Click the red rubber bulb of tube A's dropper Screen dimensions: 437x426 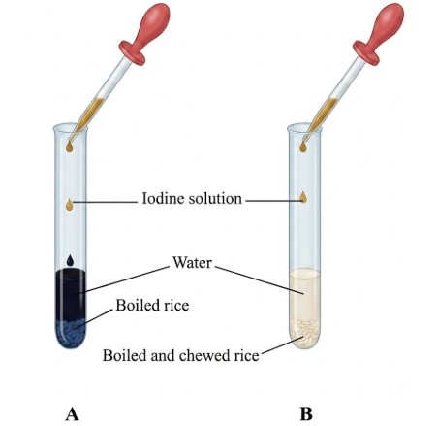point(147,31)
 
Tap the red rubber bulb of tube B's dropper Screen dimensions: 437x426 point(381,31)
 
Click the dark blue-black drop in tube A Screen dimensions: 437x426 point(70,260)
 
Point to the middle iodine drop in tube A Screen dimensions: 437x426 point(70,205)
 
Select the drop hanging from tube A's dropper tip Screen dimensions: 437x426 point(69,147)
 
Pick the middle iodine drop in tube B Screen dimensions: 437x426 point(303,197)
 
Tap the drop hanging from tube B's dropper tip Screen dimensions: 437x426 point(303,147)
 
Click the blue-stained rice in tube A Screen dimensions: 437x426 point(71,333)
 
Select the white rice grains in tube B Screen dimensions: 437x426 point(304,332)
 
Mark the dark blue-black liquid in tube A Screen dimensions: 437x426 point(71,295)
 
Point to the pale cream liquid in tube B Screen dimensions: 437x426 point(304,294)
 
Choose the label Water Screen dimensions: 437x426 point(192,262)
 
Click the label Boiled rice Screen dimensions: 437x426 point(152,305)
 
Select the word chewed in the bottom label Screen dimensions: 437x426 point(203,355)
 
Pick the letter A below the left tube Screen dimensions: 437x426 point(72,413)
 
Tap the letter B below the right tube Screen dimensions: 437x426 point(306,413)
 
